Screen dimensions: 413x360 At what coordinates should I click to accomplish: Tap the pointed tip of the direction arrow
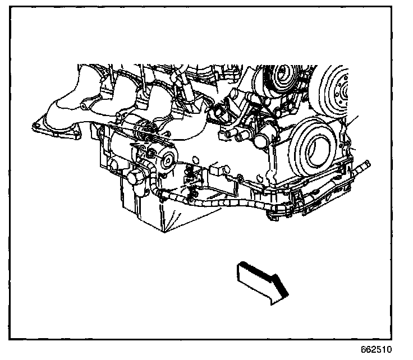(287, 294)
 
